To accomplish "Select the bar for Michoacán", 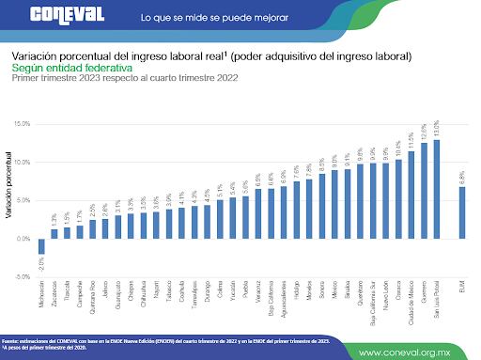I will [x=40, y=246].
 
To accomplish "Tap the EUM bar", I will [x=461, y=212].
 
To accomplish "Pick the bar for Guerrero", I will [x=423, y=191].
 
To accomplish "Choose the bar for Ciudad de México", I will [x=411, y=196].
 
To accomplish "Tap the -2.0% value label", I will [x=40, y=263].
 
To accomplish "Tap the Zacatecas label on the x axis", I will [x=54, y=294].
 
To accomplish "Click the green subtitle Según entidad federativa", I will [x=72, y=68].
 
